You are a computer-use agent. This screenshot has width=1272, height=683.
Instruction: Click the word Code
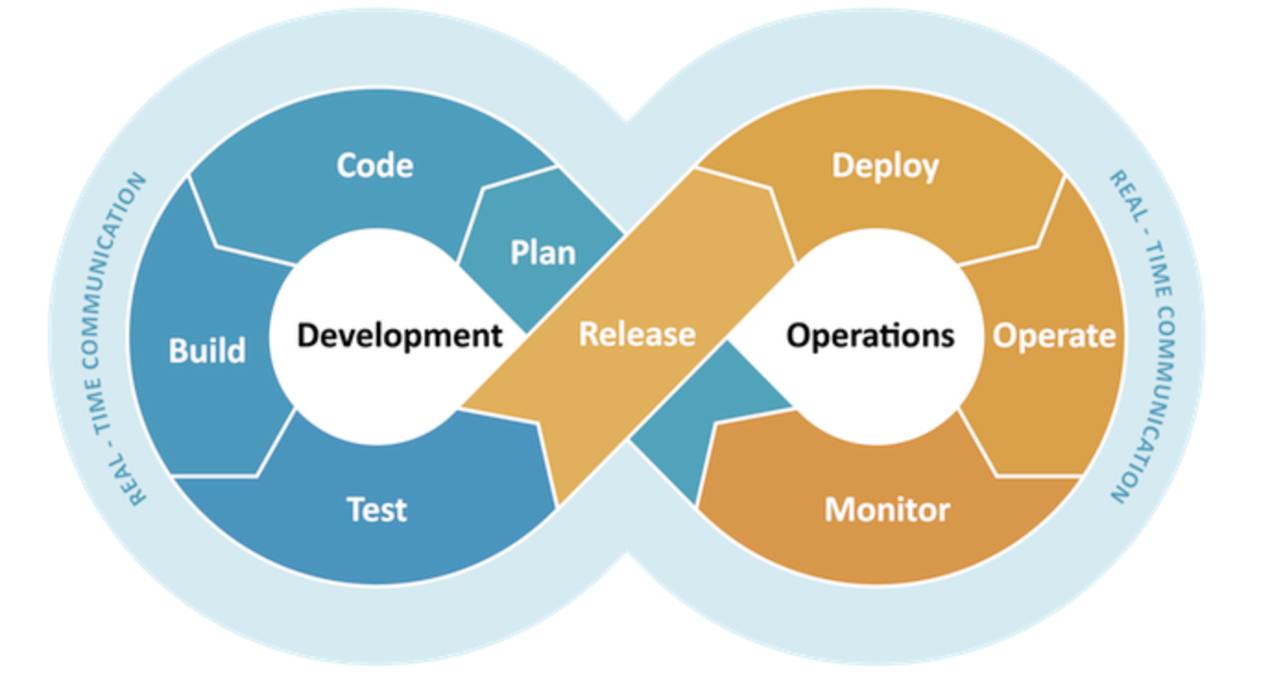click(375, 166)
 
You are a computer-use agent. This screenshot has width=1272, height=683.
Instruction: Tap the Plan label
click(543, 253)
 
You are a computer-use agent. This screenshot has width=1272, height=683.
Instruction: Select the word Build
click(208, 350)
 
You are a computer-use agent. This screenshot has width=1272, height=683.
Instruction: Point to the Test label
click(377, 509)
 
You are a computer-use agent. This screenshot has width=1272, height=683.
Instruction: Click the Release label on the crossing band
click(637, 334)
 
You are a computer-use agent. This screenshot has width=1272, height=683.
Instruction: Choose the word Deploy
click(885, 168)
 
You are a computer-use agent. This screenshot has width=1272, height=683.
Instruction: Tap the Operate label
click(1054, 337)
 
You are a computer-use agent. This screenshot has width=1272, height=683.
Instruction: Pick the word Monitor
click(887, 509)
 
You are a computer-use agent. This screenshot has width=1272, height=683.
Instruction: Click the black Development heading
click(400, 336)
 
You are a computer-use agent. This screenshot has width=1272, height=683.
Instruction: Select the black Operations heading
click(870, 336)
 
